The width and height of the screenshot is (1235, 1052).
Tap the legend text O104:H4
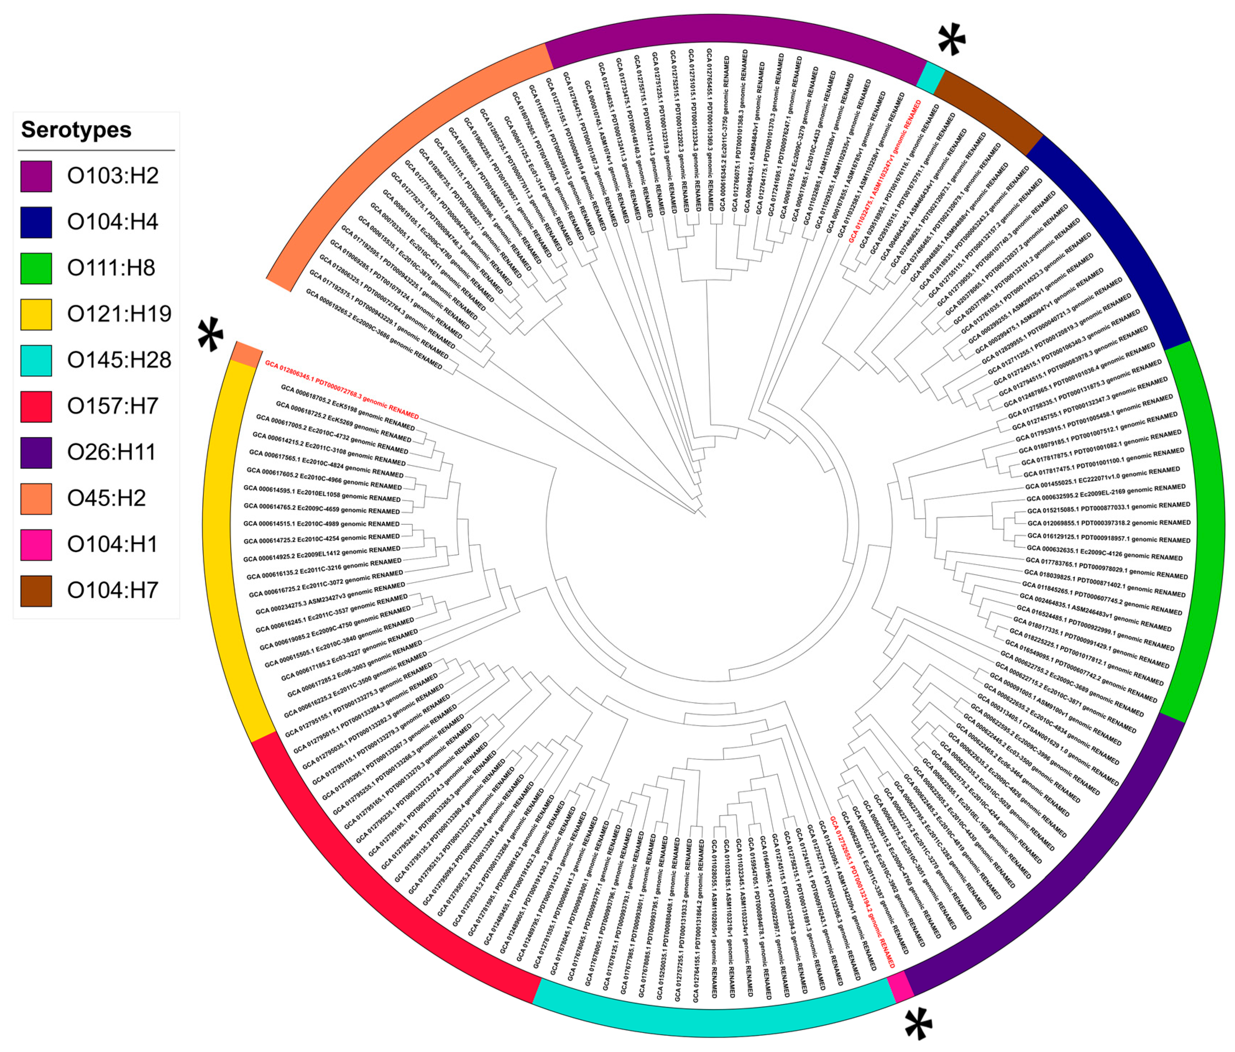point(113,222)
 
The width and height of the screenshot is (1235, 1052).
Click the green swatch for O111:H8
point(36,268)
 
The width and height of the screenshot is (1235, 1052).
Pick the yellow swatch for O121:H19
point(36,314)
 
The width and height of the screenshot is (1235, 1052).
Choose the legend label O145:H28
point(119,360)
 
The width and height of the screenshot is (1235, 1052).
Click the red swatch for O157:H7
point(36,406)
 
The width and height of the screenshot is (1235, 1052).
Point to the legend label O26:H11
point(111,453)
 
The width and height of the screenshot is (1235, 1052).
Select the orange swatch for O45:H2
point(36,498)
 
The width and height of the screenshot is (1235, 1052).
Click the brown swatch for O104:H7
point(36,591)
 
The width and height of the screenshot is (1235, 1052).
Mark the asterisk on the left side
point(211,335)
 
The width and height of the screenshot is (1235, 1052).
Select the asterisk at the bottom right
point(918,1024)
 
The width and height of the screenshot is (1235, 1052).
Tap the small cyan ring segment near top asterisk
point(930,78)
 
